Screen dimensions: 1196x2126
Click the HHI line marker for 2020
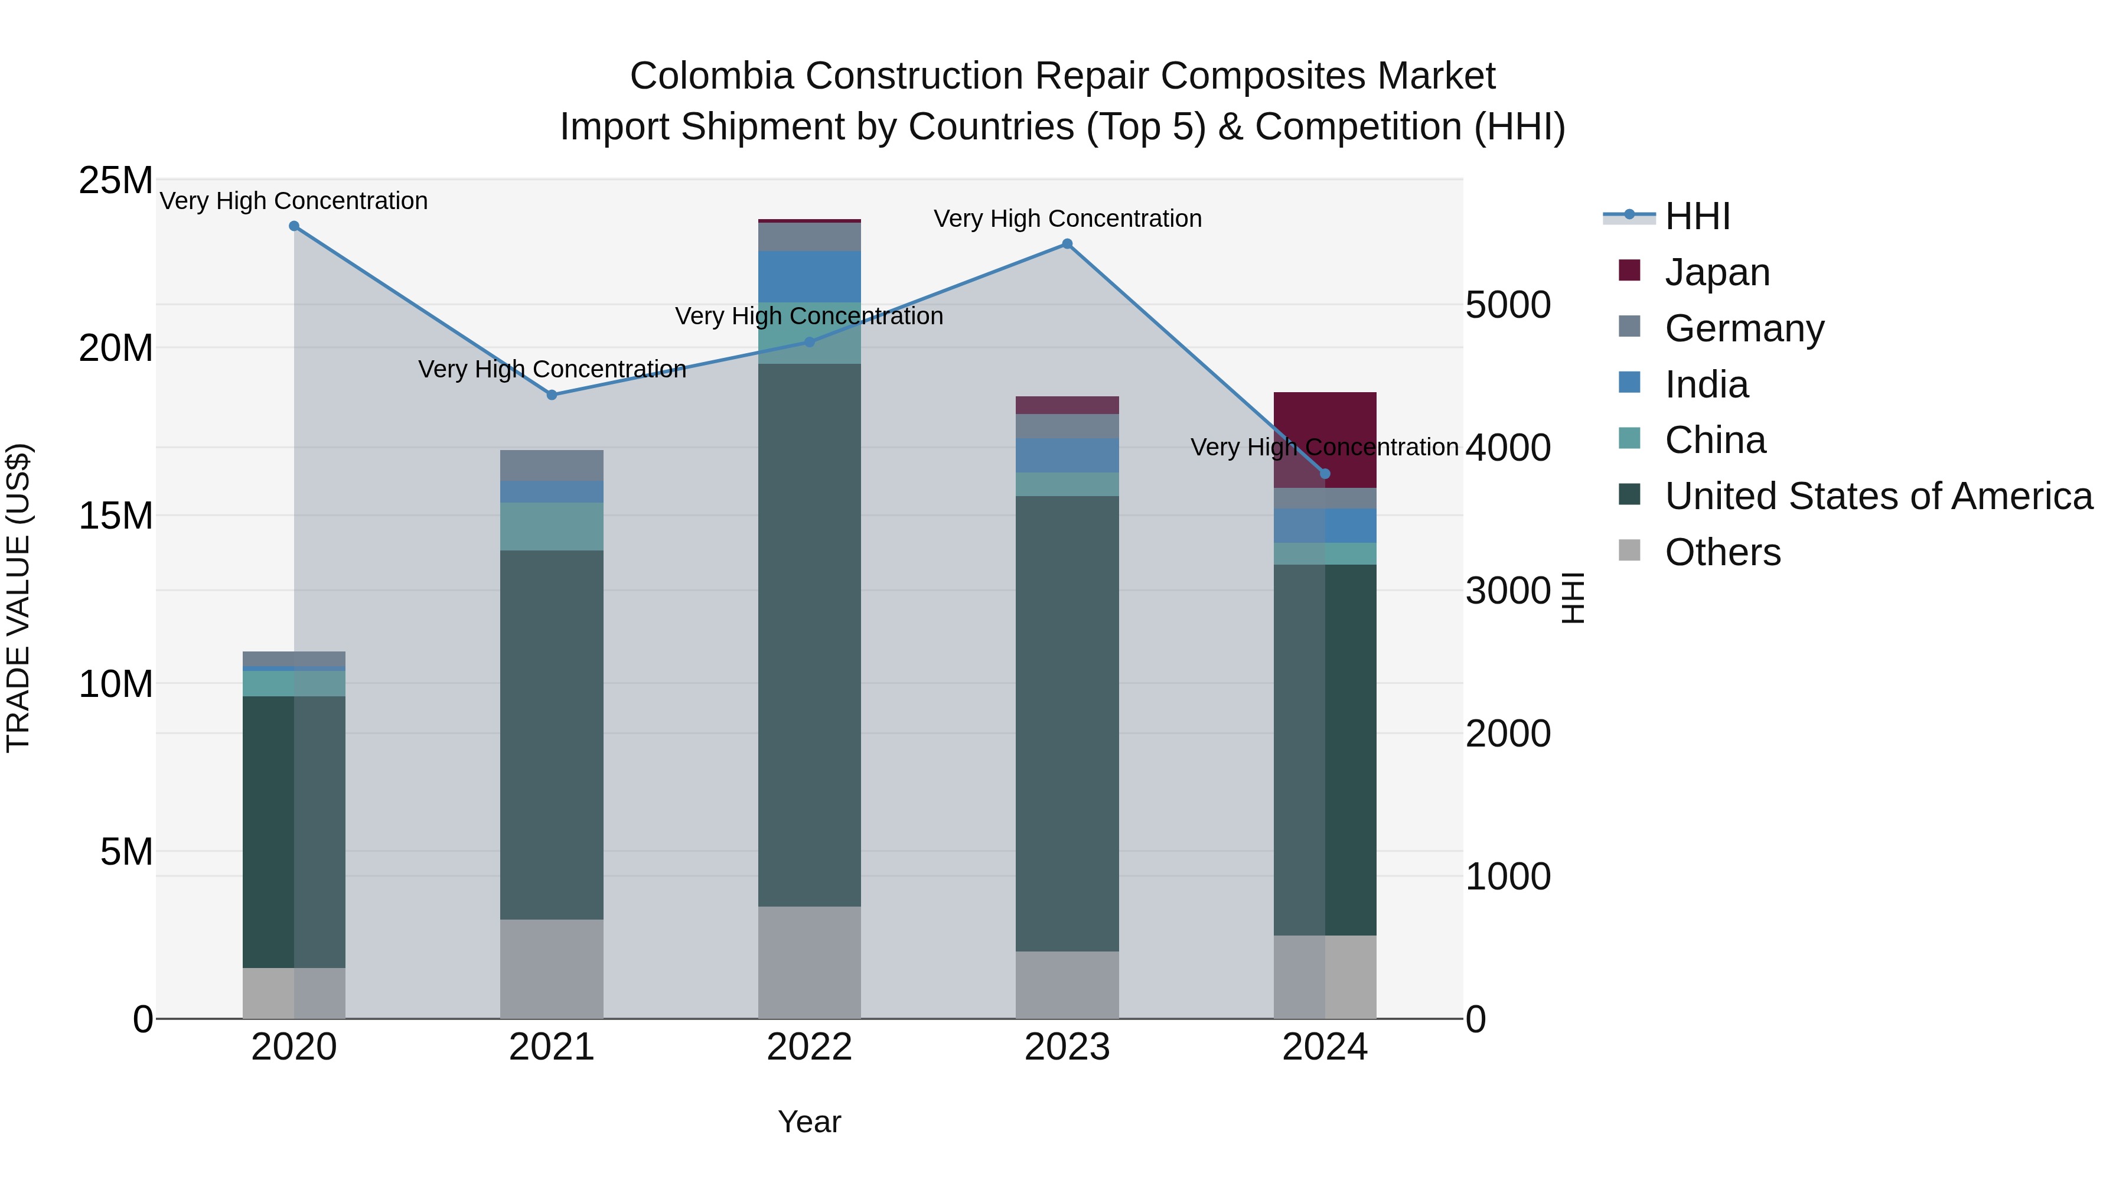[294, 226]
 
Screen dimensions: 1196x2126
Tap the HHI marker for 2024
[1325, 474]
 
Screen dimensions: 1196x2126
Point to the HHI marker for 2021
[552, 395]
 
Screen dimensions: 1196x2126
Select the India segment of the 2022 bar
[810, 276]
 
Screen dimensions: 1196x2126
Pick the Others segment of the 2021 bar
[552, 969]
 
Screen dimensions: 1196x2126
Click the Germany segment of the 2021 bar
[552, 465]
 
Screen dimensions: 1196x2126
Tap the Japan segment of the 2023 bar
[1067, 405]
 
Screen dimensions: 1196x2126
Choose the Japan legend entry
[1717, 272]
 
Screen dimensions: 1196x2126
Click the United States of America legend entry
[1877, 496]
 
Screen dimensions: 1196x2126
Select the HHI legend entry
[1696, 216]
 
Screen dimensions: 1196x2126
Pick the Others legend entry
[1721, 552]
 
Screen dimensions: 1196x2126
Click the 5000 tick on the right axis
[1508, 305]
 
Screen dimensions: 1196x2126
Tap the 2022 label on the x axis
[810, 1047]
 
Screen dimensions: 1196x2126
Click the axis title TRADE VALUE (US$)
[18, 598]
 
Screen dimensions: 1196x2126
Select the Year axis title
[810, 1122]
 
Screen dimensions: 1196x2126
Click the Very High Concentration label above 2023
[1067, 219]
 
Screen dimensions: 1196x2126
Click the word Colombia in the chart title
[712, 76]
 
